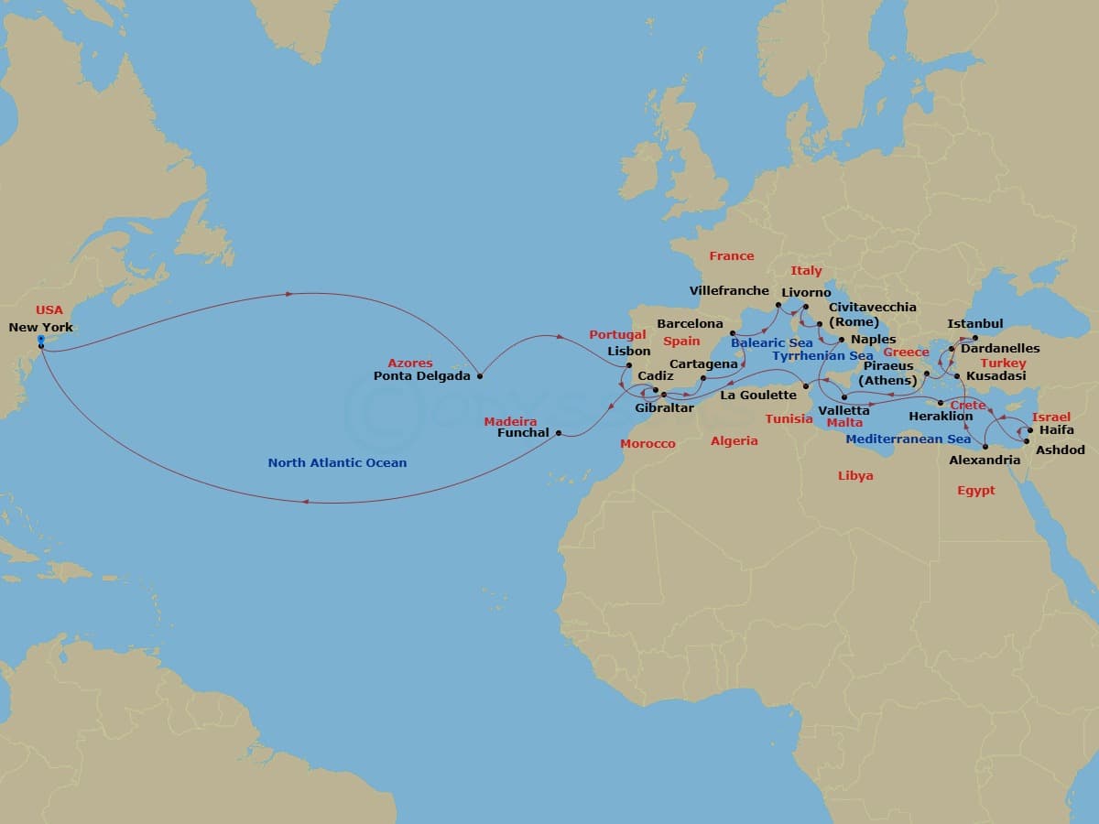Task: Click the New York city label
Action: click(40, 327)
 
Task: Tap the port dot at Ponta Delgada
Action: click(480, 375)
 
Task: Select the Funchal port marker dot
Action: click(559, 433)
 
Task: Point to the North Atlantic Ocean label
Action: click(337, 463)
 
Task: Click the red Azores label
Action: click(409, 363)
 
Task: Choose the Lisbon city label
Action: click(629, 351)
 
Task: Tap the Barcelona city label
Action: click(690, 324)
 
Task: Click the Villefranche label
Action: click(729, 291)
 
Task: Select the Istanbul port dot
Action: click(975, 338)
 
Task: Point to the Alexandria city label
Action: click(985, 461)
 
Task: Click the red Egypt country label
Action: click(975, 491)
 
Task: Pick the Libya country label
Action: click(855, 476)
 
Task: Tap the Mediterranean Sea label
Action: click(908, 439)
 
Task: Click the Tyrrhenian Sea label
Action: click(822, 356)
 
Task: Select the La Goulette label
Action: click(758, 396)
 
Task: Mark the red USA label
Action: click(49, 310)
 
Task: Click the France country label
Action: click(732, 256)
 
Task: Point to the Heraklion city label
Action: click(941, 417)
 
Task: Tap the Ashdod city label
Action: click(1061, 450)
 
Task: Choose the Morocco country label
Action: click(647, 444)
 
